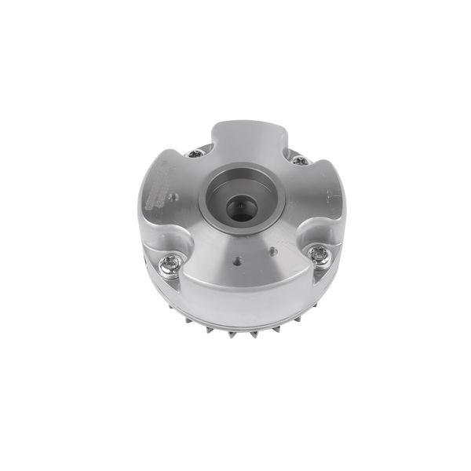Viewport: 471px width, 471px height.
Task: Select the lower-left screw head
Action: [x=170, y=265]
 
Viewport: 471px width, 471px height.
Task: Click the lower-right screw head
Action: [x=318, y=254]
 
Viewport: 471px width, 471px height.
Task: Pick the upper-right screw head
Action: [x=299, y=160]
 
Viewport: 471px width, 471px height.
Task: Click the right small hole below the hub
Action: [x=272, y=252]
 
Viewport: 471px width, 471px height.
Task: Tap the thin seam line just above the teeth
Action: [x=235, y=323]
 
